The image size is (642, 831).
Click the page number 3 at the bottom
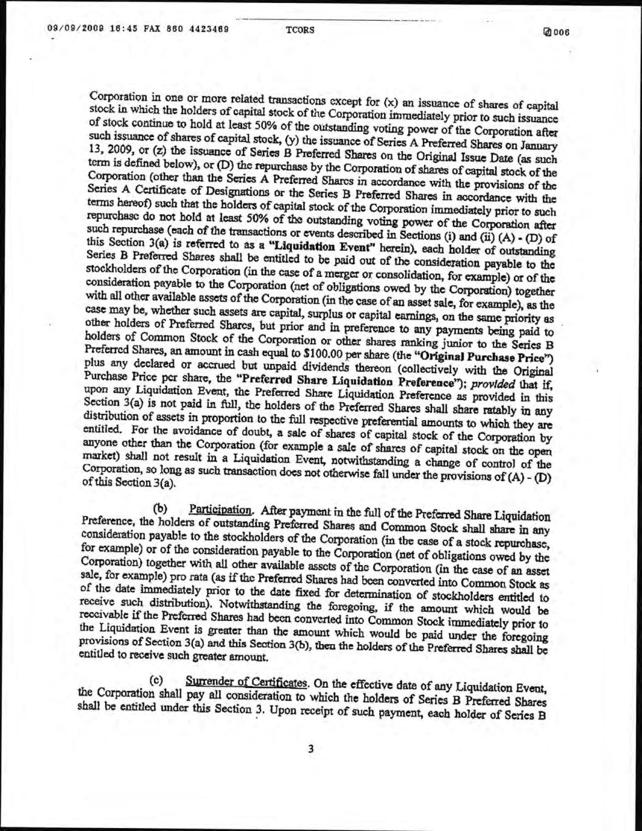click(310, 749)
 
